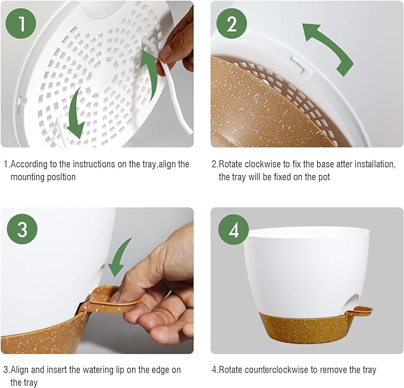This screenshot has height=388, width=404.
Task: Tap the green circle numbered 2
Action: pos(231,24)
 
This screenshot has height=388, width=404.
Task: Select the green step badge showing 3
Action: pos(22,230)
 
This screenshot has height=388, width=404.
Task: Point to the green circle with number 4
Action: pos(234,230)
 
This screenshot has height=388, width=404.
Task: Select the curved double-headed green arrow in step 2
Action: pos(328,48)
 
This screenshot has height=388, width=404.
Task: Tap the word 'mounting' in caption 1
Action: pos(28,177)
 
